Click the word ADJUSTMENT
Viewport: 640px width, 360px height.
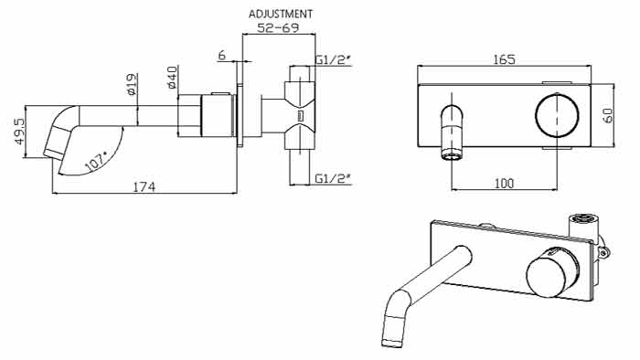(x=281, y=14)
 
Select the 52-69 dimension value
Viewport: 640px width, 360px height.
(x=278, y=27)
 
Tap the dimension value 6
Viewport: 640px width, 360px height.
(x=221, y=55)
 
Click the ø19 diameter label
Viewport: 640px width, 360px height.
(x=132, y=84)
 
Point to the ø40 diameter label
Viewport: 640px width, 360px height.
(x=172, y=78)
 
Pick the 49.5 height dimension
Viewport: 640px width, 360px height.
(x=19, y=132)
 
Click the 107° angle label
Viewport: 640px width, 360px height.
(x=95, y=162)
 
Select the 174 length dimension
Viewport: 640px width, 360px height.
(x=144, y=187)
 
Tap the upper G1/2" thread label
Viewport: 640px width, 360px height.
(x=333, y=60)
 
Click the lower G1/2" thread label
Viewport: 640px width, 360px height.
(x=333, y=178)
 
